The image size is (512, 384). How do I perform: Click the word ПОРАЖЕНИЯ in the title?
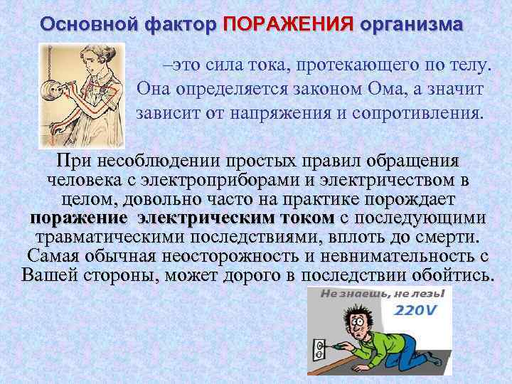point(288,24)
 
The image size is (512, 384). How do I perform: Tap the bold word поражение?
point(79,218)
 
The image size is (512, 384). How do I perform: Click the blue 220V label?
point(417,311)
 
